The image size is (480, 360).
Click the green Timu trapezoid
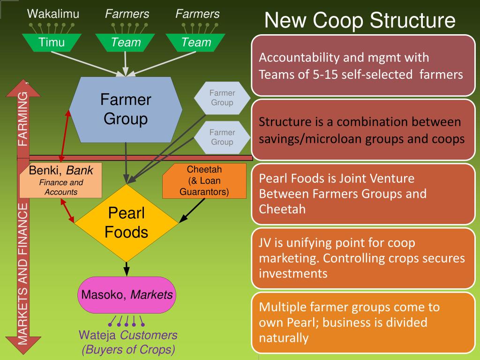[52, 43]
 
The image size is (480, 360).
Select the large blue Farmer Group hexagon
[126, 109]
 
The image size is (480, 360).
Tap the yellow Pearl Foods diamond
[127, 223]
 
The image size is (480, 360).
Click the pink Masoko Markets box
[127, 295]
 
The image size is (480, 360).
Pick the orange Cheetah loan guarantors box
[204, 180]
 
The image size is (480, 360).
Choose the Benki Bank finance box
[61, 180]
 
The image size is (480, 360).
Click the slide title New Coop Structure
[360, 21]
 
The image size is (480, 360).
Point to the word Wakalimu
[53, 14]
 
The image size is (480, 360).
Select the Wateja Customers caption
[128, 342]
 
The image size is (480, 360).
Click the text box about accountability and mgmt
[363, 66]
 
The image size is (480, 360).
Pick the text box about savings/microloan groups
[363, 130]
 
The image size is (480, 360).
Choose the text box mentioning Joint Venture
[363, 193]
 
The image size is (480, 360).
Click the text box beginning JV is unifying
[363, 258]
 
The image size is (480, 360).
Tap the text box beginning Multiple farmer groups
[363, 322]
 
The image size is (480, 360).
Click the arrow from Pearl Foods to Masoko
[127, 269]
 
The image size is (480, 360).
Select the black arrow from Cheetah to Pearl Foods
[193, 210]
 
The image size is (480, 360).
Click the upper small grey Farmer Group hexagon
[222, 98]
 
